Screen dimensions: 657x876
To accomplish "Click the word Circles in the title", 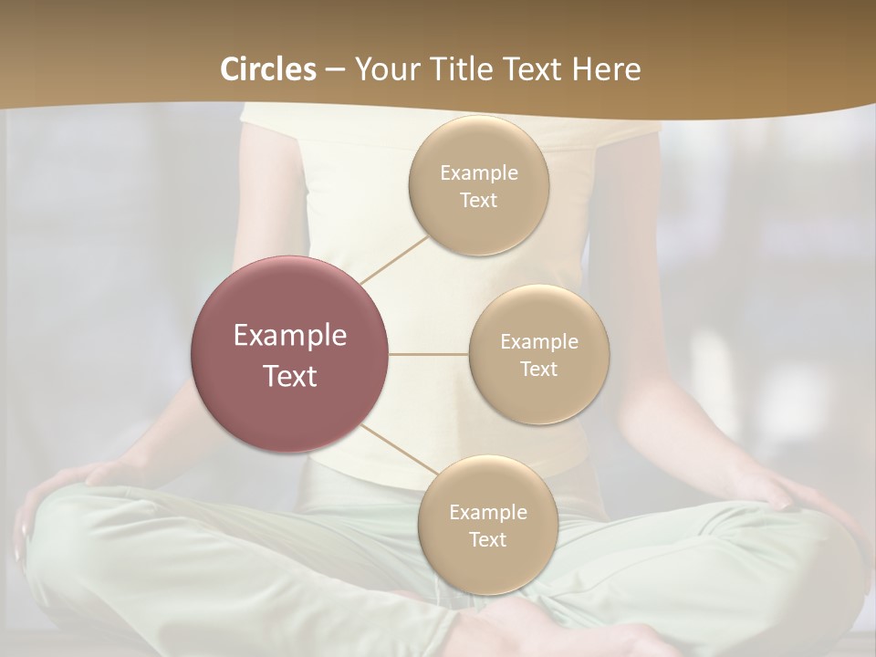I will tap(268, 69).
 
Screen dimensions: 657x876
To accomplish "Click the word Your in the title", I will tap(386, 69).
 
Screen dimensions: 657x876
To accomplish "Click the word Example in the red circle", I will tap(289, 336).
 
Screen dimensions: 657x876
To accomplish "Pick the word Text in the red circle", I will tap(289, 376).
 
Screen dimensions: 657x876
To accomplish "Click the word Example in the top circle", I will tap(478, 172).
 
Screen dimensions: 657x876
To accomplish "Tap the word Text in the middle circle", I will tap(538, 369).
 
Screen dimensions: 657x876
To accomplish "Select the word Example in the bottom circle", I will tap(487, 512).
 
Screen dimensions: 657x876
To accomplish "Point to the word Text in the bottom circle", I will tap(487, 539).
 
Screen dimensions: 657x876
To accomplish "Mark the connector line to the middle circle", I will tap(428, 354).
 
